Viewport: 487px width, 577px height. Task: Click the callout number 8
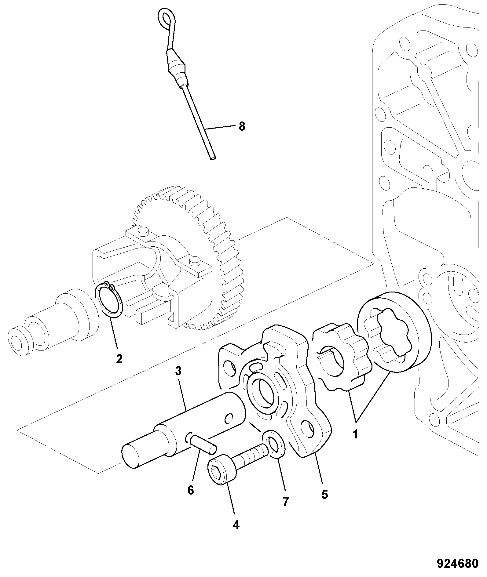click(242, 126)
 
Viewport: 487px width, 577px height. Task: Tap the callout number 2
click(119, 358)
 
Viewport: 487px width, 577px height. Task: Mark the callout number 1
click(355, 434)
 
